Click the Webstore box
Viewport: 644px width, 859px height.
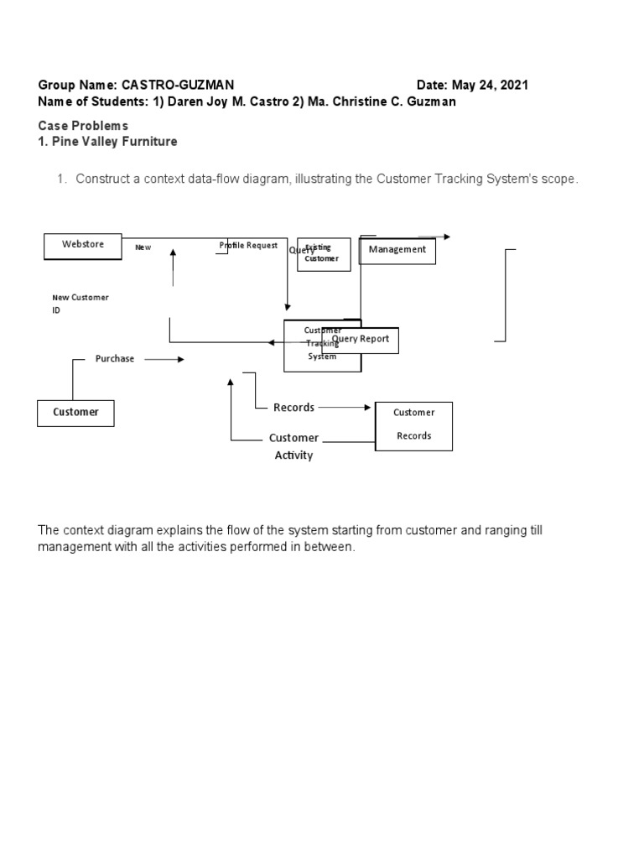point(83,246)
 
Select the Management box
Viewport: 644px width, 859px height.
point(397,250)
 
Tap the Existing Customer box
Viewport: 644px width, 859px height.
point(324,254)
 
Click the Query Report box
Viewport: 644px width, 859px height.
point(361,340)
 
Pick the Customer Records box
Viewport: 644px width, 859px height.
point(413,425)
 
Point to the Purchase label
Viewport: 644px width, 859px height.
point(115,359)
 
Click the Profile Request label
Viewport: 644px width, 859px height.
point(249,246)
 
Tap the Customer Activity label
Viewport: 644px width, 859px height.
point(293,446)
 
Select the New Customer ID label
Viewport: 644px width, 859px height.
point(80,304)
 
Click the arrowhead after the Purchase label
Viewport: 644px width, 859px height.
point(180,359)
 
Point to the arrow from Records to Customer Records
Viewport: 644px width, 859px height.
point(345,408)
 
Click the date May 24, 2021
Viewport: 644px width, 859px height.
point(490,86)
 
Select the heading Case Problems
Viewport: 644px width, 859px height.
point(83,126)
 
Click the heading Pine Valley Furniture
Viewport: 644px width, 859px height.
point(114,142)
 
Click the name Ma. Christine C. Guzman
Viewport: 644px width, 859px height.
point(382,102)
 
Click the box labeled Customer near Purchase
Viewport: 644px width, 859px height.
point(75,413)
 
